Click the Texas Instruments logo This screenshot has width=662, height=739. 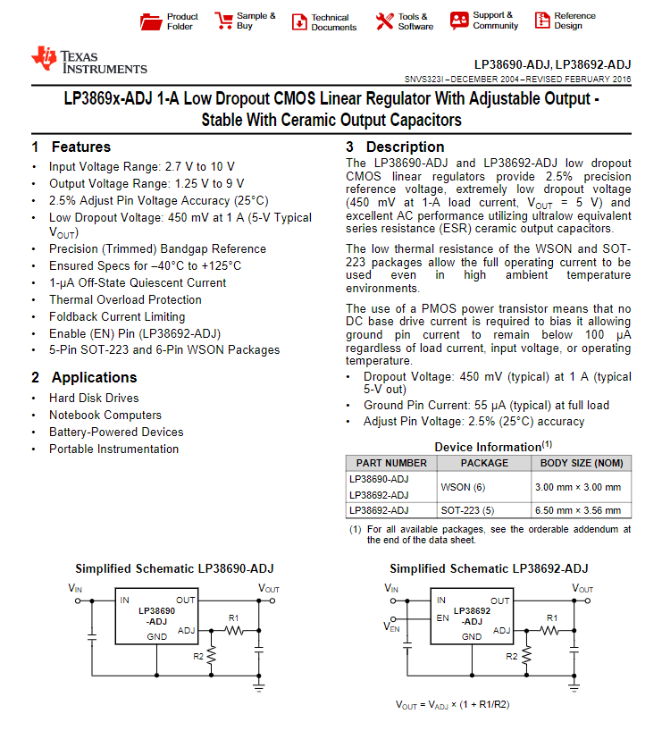(88, 61)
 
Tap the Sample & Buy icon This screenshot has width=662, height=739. (219, 21)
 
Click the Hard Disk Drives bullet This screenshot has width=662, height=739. (94, 399)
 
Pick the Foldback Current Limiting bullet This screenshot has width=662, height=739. (117, 317)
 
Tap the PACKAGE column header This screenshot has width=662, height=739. (484, 463)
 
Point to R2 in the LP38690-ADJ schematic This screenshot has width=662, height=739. (199, 656)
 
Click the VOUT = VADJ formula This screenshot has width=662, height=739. (453, 704)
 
